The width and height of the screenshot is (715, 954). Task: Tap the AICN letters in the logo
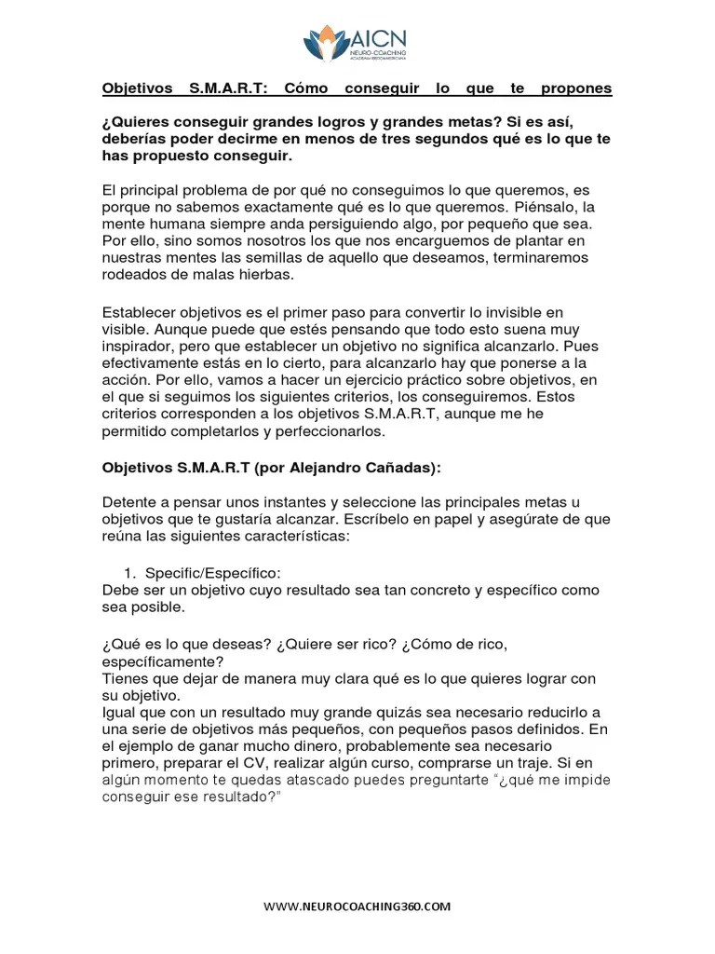[x=378, y=38]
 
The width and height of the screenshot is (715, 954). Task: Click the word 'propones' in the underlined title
[x=575, y=89]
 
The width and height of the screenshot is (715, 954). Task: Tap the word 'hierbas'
[x=263, y=274]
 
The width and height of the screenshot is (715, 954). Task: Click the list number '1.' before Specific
[x=130, y=573]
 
